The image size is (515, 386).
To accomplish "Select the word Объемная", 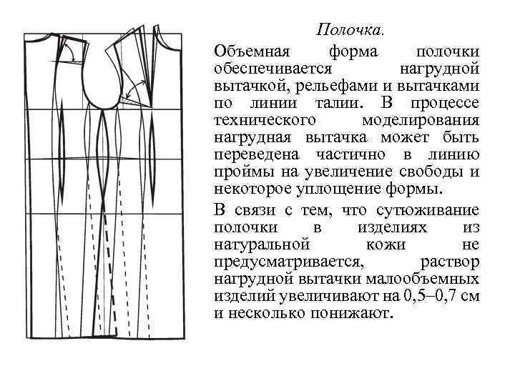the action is pos(250,52).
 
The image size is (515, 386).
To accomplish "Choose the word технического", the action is pos(265,120).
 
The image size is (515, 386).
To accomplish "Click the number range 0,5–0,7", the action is pos(429,296).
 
